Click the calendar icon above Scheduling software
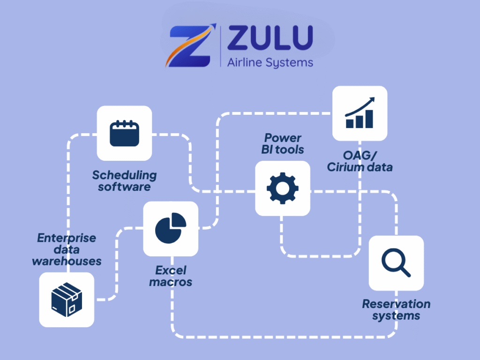(x=124, y=133)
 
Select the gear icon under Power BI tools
(x=282, y=188)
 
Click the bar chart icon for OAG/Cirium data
(x=360, y=113)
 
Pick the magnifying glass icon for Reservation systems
(x=396, y=263)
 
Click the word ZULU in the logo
(x=270, y=38)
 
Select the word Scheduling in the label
(x=124, y=175)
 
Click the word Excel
(x=171, y=270)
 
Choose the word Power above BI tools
(x=283, y=138)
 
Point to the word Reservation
(x=396, y=304)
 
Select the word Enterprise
(x=67, y=238)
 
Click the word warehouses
(x=67, y=261)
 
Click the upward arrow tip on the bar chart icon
(x=374, y=99)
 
